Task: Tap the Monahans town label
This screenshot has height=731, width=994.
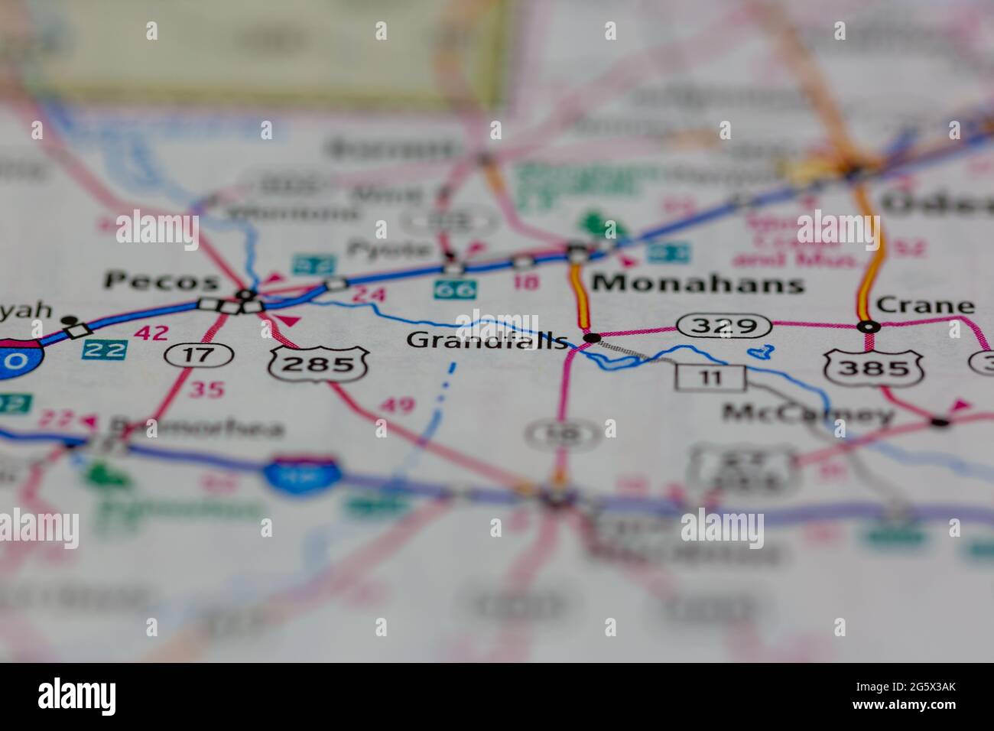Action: tap(698, 284)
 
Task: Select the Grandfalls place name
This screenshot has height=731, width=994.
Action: tap(487, 340)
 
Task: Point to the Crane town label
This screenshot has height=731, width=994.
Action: tap(925, 306)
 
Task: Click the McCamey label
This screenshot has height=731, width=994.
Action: tap(808, 414)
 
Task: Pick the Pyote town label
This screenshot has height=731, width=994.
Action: tap(389, 248)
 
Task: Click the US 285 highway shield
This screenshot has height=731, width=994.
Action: tap(318, 365)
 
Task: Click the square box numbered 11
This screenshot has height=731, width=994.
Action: tap(710, 377)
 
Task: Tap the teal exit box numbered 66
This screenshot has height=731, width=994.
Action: tap(455, 290)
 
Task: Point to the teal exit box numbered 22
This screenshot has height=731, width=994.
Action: tap(105, 349)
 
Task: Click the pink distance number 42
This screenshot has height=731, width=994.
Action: tap(151, 333)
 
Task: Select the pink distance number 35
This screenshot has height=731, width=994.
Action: tap(206, 390)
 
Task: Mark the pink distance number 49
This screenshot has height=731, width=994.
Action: tap(397, 404)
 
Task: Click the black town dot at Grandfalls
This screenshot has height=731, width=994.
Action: tap(590, 337)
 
